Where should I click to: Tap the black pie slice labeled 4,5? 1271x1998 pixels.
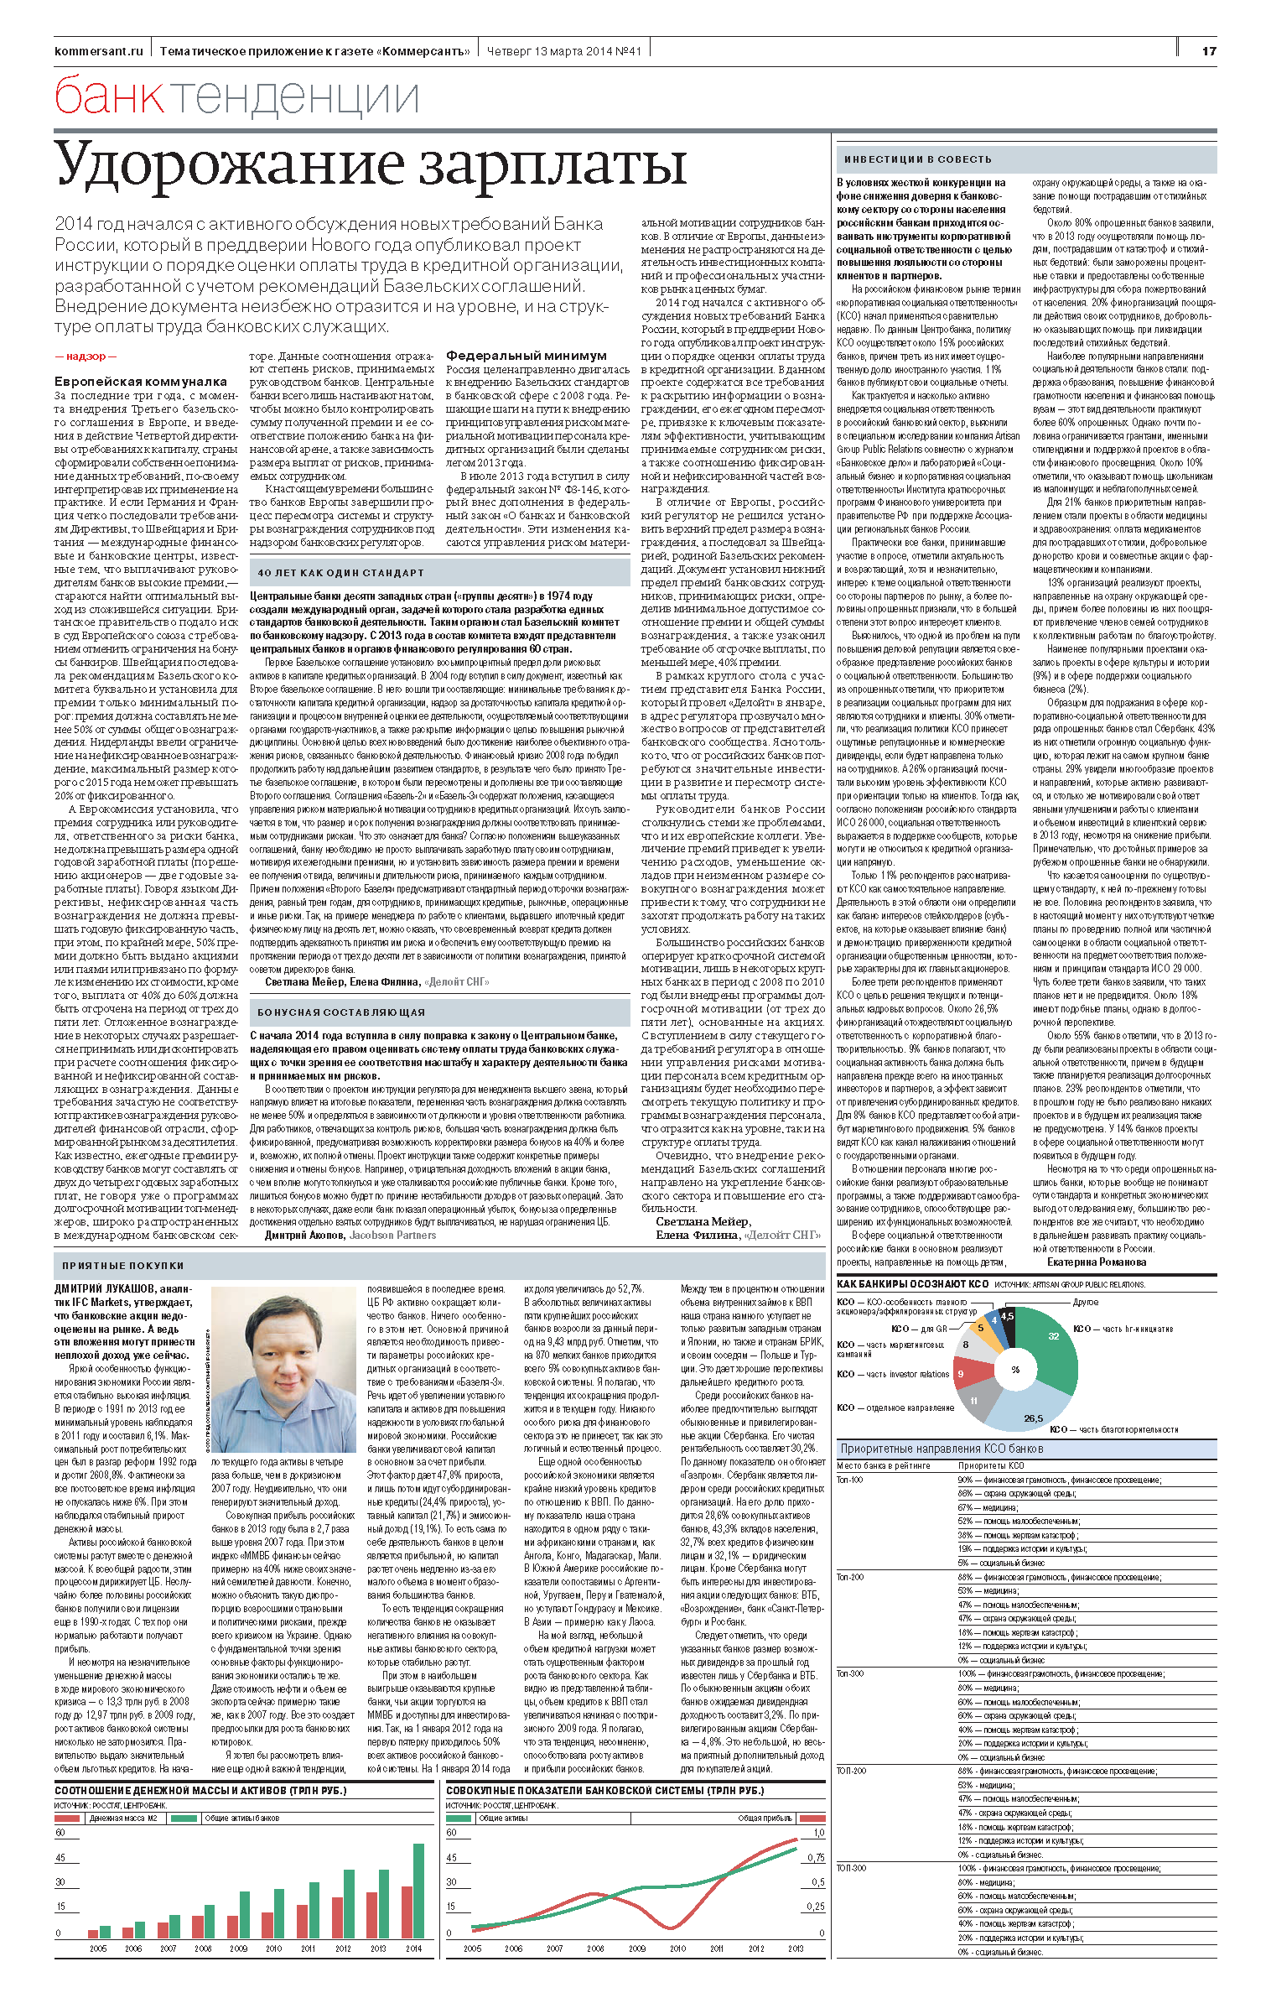[1007, 1318]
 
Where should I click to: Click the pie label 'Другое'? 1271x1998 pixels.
[1085, 1302]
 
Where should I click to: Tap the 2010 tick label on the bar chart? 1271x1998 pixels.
[273, 1948]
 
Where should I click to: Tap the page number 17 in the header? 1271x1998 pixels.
[1208, 51]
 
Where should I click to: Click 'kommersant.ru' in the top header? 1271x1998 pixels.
[98, 51]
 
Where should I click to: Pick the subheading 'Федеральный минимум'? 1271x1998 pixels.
[526, 356]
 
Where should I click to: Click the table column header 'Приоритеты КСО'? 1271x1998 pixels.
[991, 1465]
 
